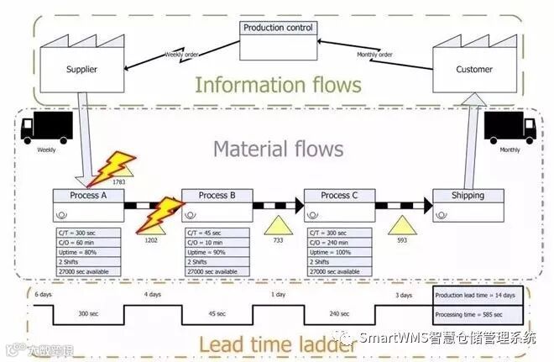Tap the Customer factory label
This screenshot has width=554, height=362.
pos(474,69)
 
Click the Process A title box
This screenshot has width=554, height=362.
pos(87,196)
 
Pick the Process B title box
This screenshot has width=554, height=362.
pos(217,196)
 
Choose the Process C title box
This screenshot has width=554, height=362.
pos(338,196)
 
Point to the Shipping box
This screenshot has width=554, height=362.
pos(468,196)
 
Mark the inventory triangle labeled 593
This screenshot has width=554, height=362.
pos(402,224)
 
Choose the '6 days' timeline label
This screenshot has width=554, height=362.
pos(43,296)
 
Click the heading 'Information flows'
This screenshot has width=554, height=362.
pos(278,85)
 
